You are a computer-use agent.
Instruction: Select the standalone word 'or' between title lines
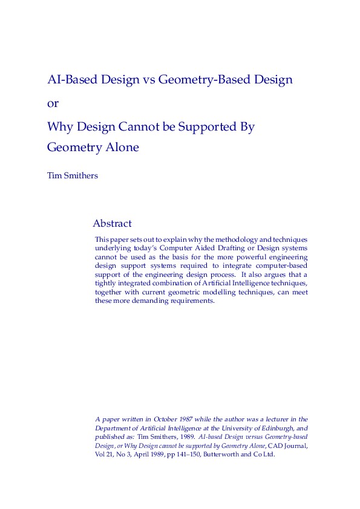coord(53,103)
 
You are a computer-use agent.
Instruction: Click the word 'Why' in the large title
coord(60,128)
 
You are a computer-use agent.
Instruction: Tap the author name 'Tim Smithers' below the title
coord(73,176)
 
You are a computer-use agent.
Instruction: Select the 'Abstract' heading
coord(112,224)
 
